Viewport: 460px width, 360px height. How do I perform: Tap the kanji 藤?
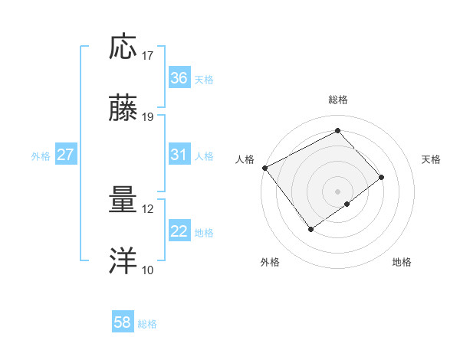point(124,109)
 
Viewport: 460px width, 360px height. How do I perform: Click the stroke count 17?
point(148,56)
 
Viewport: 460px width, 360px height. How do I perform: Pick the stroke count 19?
point(148,117)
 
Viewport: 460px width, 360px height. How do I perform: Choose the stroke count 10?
point(148,270)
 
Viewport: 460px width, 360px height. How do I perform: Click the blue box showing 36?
point(179,78)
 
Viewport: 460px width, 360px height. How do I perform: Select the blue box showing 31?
point(179,155)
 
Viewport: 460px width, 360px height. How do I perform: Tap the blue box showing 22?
point(179,231)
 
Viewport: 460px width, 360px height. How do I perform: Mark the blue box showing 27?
point(66,155)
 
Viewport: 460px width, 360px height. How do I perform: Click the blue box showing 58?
point(123,323)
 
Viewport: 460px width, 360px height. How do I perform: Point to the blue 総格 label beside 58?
point(147,324)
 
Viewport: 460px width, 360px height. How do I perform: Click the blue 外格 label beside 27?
point(41,155)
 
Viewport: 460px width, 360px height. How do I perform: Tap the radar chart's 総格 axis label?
point(337,100)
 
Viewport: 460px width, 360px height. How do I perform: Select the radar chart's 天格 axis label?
point(432,159)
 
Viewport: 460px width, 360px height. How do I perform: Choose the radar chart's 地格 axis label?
point(402,263)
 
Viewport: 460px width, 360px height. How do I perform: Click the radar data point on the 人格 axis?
point(264,168)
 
